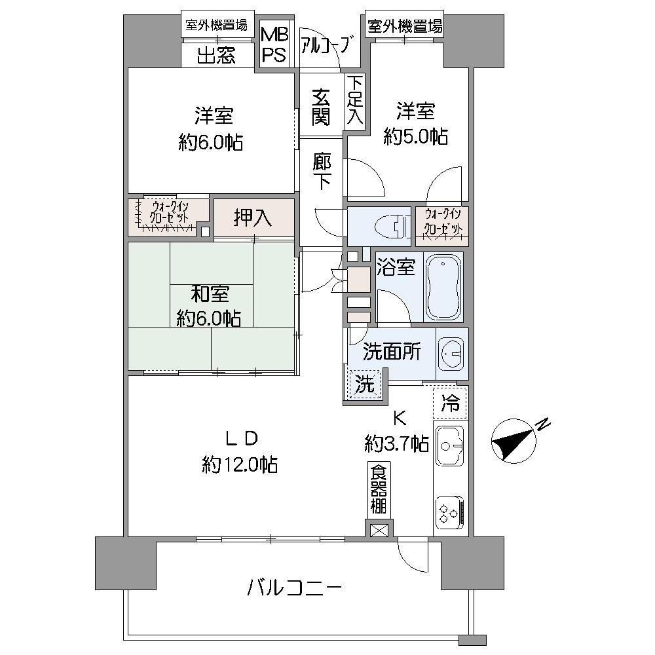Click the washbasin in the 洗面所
451,353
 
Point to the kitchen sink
449,446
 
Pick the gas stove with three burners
450,512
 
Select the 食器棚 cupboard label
378,489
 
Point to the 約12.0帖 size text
240,465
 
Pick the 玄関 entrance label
321,107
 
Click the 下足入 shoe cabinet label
354,100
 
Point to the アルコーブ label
327,46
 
